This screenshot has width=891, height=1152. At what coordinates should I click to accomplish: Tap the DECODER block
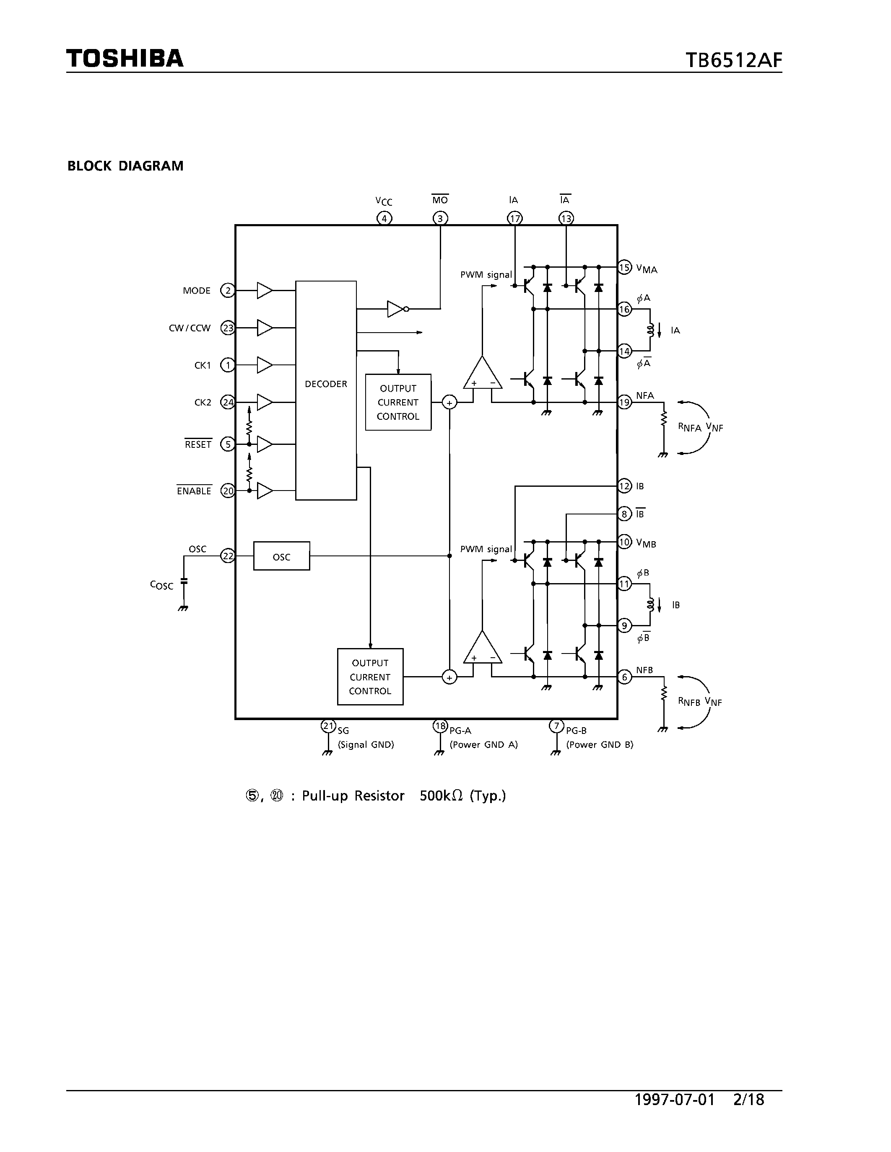pyautogui.click(x=326, y=384)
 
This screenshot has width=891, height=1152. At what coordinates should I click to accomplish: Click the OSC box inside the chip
pyautogui.click(x=281, y=556)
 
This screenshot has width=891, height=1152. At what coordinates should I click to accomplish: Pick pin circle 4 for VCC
pyautogui.click(x=384, y=218)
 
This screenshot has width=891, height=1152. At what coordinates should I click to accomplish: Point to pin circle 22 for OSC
pyautogui.click(x=228, y=556)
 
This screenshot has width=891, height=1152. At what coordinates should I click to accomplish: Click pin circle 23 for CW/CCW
pyautogui.click(x=228, y=328)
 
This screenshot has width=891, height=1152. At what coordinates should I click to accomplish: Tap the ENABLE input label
pyautogui.click(x=194, y=491)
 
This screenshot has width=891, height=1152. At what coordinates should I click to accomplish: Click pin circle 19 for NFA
pyautogui.click(x=624, y=403)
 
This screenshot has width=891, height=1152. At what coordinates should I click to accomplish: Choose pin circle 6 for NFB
pyautogui.click(x=624, y=677)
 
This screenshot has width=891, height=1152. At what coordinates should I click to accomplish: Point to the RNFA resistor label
pyautogui.click(x=689, y=427)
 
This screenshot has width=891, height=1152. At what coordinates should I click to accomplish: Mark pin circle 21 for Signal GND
pyautogui.click(x=328, y=726)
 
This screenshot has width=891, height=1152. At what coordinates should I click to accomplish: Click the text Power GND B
pyautogui.click(x=600, y=744)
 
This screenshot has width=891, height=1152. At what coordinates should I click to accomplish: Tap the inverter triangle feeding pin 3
pyautogui.click(x=396, y=309)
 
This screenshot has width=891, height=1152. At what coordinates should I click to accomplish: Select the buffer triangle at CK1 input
pyautogui.click(x=264, y=365)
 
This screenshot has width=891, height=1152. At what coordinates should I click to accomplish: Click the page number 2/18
pyautogui.click(x=748, y=1099)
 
